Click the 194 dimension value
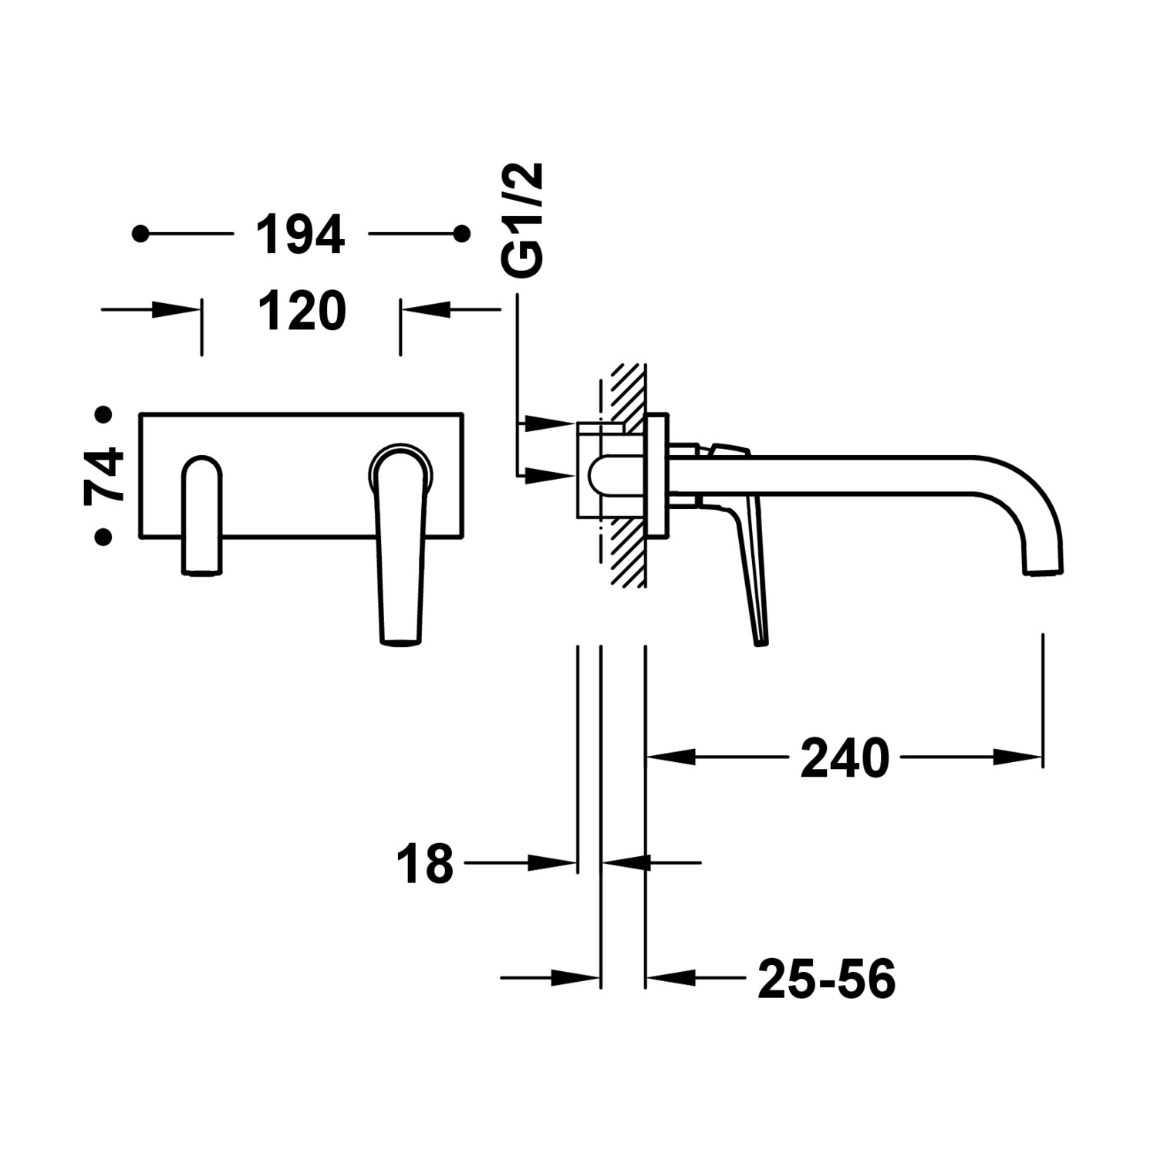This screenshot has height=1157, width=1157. pyautogui.click(x=300, y=234)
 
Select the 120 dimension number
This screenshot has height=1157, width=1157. pyautogui.click(x=302, y=312)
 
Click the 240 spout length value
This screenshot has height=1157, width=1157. pyautogui.click(x=845, y=758)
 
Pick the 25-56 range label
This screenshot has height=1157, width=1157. pyautogui.click(x=826, y=979)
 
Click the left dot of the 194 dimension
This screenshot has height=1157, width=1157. pyautogui.click(x=140, y=233)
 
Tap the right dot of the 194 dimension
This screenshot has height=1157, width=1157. pyautogui.click(x=462, y=233)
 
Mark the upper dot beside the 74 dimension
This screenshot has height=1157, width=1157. pyautogui.click(x=103, y=415)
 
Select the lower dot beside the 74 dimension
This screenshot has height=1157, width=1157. pyautogui.click(x=103, y=536)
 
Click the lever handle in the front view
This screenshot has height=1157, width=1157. pyautogui.click(x=401, y=543)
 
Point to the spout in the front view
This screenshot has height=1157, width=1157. pyautogui.click(x=201, y=514)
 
